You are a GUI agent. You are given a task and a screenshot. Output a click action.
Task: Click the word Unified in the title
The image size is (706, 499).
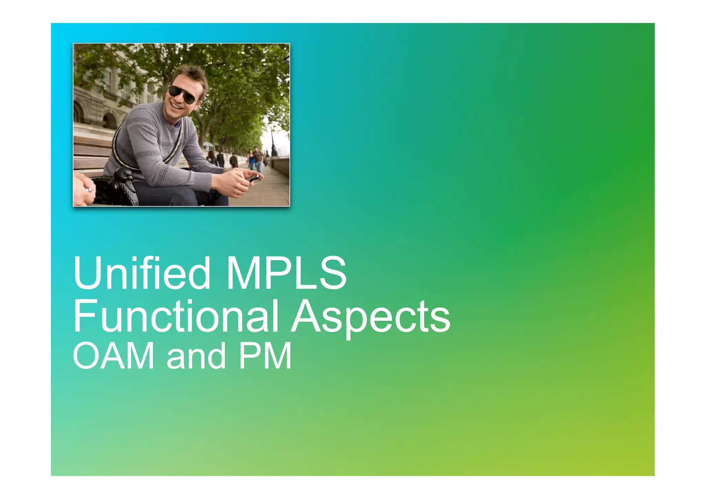[141, 273]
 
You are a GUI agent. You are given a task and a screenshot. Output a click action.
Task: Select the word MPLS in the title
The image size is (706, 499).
[286, 273]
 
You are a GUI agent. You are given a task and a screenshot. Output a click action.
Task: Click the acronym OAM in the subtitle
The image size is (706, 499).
[113, 356]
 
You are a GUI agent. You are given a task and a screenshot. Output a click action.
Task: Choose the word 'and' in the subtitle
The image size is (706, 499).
[196, 357]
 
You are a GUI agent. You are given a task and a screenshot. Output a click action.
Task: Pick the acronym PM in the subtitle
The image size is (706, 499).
[265, 356]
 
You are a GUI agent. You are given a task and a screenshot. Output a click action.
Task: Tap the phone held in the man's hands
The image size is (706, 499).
[253, 178]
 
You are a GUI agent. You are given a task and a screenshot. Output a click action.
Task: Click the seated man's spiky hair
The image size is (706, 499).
[193, 74]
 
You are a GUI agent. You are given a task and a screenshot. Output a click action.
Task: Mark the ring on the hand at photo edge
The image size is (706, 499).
[89, 189]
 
